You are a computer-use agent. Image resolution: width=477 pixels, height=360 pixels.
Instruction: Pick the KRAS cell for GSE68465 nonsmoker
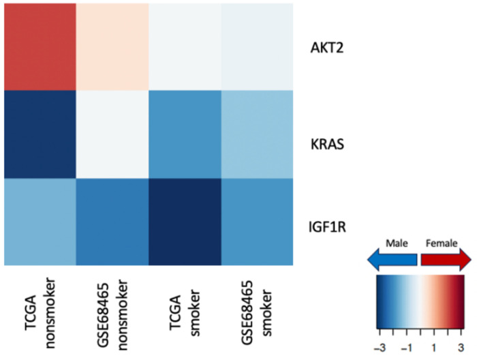coord(112,134)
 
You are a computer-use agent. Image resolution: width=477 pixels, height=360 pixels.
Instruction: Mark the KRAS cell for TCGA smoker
coord(185,134)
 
